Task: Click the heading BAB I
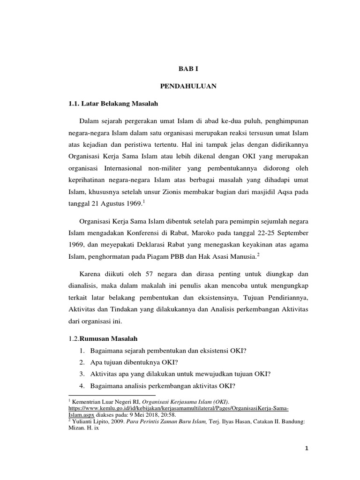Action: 189,68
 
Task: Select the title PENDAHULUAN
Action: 189,87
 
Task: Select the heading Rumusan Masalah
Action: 109,338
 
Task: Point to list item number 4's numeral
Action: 81,385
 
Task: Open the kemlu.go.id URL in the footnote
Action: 178,408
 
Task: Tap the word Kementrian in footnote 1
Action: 87,402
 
